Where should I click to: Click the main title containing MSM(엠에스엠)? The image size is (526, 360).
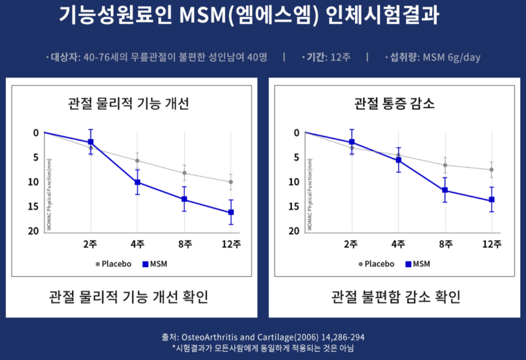(249, 16)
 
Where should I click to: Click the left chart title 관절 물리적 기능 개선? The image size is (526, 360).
(128, 103)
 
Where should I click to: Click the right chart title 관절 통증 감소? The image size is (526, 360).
(394, 103)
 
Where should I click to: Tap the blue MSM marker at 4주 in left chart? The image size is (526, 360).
(137, 182)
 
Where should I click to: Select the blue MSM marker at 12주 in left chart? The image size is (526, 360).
(231, 212)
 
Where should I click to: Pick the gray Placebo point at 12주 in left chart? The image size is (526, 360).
(231, 182)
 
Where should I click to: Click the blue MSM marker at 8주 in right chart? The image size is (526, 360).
(445, 190)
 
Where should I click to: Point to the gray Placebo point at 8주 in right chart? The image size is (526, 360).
(445, 165)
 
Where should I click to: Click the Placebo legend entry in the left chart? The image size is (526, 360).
(113, 264)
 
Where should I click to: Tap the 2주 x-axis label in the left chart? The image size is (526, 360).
(91, 244)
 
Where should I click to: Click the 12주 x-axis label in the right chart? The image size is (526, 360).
(491, 244)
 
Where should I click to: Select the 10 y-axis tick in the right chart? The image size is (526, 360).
(294, 182)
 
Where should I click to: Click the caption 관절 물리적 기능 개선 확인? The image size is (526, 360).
(128, 297)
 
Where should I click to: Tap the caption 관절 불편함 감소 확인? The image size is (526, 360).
(396, 297)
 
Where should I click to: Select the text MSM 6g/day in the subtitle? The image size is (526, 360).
(452, 58)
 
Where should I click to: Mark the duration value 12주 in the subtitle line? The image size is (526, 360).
(341, 58)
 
